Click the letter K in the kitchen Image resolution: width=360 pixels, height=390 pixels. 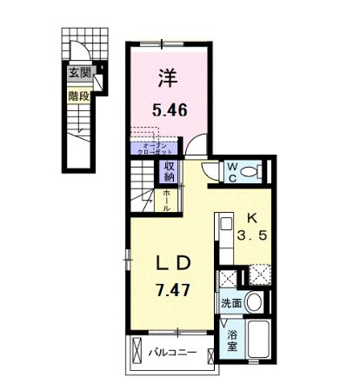252,217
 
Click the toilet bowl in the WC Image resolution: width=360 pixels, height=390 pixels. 254,172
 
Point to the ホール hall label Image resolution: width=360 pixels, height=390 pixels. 167,201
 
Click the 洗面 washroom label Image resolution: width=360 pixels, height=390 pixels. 230,305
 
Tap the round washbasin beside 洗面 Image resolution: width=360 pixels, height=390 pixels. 253,303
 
